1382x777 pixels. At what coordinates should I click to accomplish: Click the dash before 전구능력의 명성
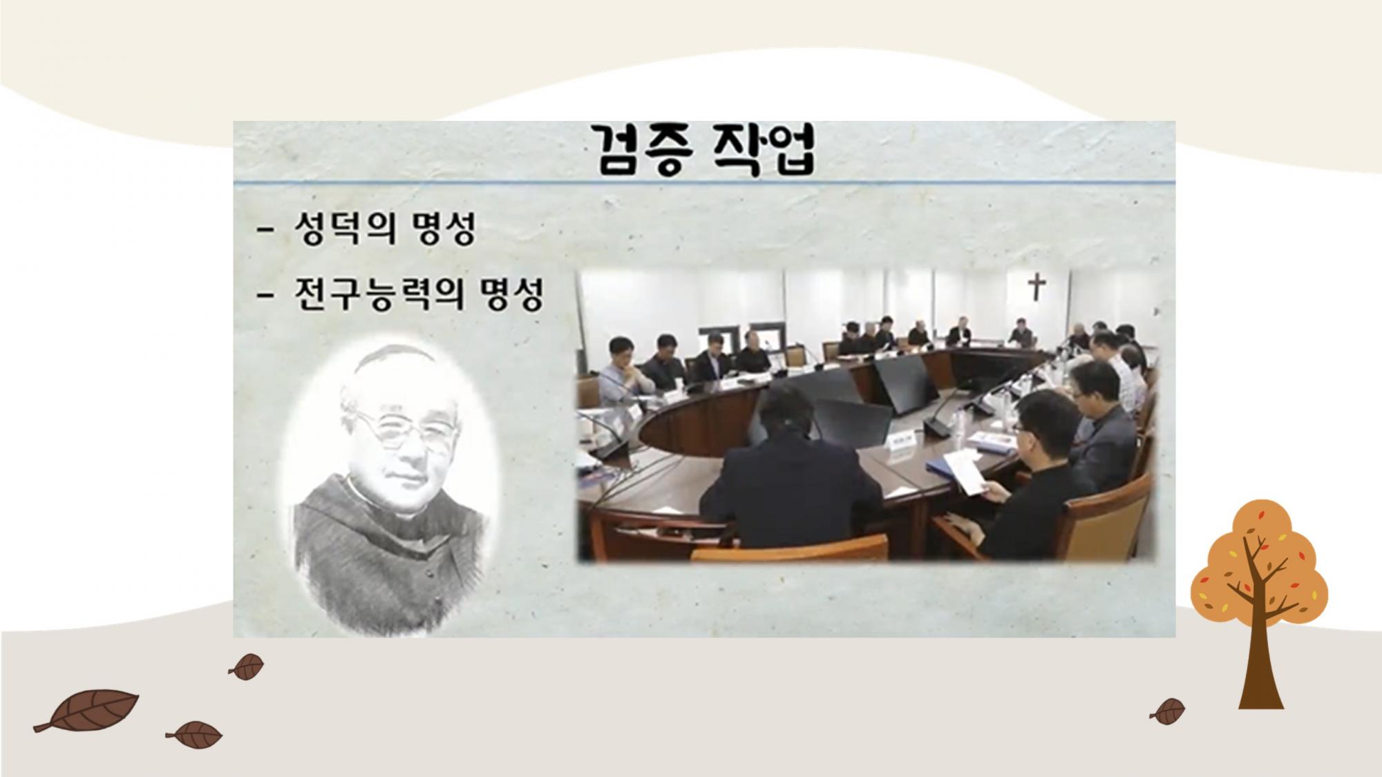pyautogui.click(x=265, y=296)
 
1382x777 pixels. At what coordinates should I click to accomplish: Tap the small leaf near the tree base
pyautogui.click(x=1168, y=711)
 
